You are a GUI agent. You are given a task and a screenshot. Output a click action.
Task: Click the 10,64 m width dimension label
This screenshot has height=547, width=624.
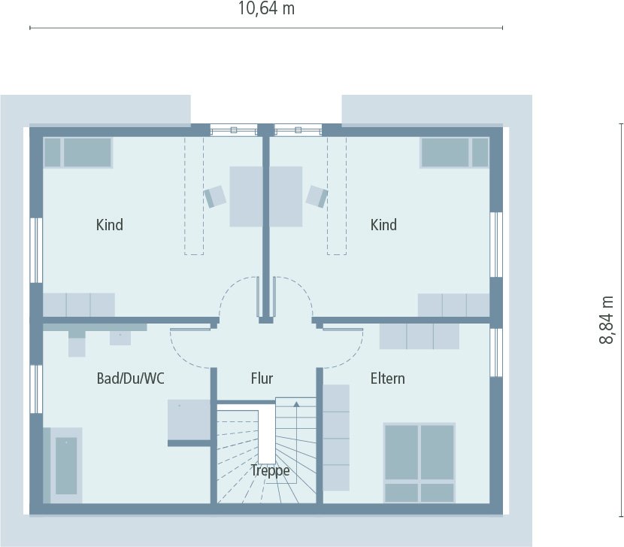[266, 9]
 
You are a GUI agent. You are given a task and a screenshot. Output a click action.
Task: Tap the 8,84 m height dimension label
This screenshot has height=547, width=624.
[606, 320]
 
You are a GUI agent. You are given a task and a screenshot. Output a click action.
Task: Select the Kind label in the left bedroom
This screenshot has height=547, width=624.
[110, 225]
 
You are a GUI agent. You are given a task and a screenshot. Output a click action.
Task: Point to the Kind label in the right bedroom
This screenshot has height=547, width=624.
[383, 225]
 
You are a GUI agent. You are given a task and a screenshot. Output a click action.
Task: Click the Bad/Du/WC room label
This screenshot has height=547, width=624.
[130, 378]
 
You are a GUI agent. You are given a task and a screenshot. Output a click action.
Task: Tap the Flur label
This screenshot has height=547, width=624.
[262, 378]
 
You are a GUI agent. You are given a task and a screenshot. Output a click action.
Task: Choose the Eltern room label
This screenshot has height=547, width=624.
[387, 378]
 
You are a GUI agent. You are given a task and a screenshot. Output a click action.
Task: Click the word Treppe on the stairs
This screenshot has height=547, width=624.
[270, 472]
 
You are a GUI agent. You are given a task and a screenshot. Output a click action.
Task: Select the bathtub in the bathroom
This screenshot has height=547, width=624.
[66, 466]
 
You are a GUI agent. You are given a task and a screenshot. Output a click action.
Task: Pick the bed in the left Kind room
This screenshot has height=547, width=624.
[78, 152]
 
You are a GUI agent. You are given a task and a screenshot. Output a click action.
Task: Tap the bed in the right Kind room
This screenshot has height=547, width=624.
[454, 152]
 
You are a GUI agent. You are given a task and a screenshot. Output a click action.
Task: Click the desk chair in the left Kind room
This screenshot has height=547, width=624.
[216, 196]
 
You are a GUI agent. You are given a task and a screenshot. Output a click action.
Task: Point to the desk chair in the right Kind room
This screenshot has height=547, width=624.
[317, 196]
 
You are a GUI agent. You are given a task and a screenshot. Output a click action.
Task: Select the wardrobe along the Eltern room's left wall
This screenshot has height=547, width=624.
[336, 437]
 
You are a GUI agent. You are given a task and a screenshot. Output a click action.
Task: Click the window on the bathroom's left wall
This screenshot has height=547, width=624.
[35, 388]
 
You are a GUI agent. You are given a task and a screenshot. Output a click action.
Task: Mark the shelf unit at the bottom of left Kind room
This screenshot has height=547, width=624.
[78, 305]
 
